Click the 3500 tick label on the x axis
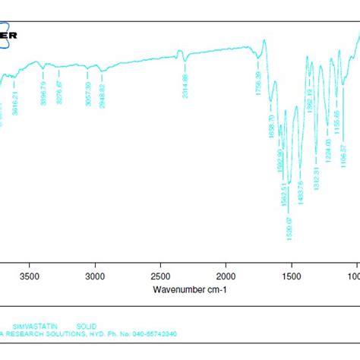[29, 278]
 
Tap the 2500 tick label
[160, 278]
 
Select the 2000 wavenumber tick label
[226, 278]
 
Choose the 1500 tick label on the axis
[291, 278]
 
